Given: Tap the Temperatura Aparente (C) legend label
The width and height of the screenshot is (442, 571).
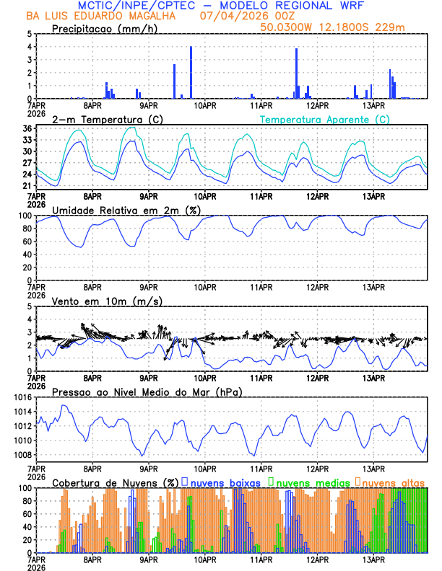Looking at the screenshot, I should pos(324,119).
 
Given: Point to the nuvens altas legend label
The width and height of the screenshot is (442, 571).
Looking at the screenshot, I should pos(393,482).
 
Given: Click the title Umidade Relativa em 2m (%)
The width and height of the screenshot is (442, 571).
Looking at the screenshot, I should pos(127,210).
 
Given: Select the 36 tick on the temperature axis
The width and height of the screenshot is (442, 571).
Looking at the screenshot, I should pos(26,128).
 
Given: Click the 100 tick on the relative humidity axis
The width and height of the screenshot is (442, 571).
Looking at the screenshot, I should pos(23,216).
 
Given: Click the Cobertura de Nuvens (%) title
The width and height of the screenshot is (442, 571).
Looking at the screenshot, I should pos(116,482).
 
